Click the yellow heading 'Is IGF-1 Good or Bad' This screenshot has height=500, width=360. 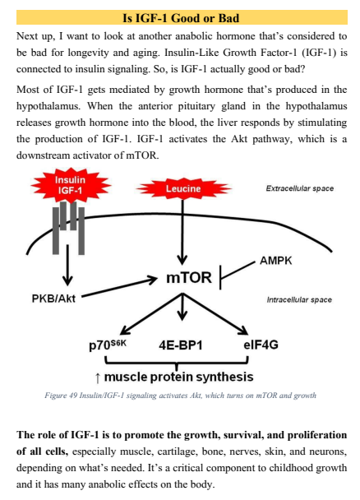(181, 18)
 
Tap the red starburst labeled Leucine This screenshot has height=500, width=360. (183, 189)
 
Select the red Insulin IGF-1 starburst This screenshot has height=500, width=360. (70, 185)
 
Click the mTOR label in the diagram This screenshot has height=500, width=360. (189, 277)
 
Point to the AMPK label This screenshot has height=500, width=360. (276, 261)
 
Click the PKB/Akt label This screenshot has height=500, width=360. (53, 299)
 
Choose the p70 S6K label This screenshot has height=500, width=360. (108, 345)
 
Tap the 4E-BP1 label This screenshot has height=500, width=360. (181, 345)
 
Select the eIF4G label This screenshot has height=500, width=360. (261, 345)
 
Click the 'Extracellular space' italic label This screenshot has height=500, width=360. (300, 188)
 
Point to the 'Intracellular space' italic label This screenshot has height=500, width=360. (299, 299)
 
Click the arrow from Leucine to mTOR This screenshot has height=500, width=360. (182, 232)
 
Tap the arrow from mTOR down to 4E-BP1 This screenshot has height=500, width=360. (182, 307)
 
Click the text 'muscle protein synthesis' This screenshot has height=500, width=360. (178, 377)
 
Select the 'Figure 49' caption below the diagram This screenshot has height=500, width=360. (180, 396)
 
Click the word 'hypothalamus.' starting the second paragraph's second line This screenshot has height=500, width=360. (48, 106)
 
